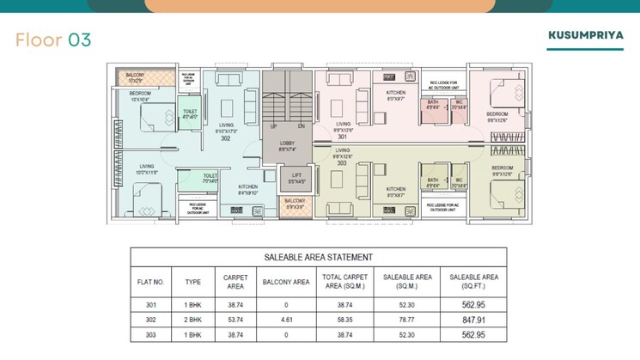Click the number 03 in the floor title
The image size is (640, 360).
tap(75, 40)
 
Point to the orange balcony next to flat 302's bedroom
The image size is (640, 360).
tap(136, 78)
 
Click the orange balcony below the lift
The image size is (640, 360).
tap(295, 204)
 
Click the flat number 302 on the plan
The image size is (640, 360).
tap(225, 137)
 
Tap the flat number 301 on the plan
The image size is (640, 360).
tap(343, 137)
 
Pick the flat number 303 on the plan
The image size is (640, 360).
tap(343, 162)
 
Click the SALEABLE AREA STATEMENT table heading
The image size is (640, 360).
tap(318, 257)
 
